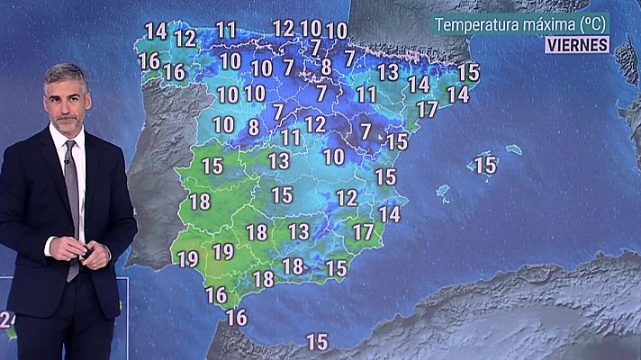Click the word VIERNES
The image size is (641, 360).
click(577, 44)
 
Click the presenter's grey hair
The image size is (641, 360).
click(65, 74)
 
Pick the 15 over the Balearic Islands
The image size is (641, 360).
click(485, 165)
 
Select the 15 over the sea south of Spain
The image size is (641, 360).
click(317, 342)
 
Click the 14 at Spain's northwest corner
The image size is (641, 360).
click(156, 31)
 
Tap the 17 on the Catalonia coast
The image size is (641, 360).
click(427, 109)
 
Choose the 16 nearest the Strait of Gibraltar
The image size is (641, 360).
click(237, 317)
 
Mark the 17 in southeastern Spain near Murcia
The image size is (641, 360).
click(363, 231)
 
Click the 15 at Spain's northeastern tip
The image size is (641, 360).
click(468, 72)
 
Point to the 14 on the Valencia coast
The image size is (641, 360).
click(389, 214)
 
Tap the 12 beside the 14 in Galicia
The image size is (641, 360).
click(185, 38)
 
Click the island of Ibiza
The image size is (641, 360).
click(443, 193)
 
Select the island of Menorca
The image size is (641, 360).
click(514, 148)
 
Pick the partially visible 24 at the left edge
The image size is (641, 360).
click(8, 319)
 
